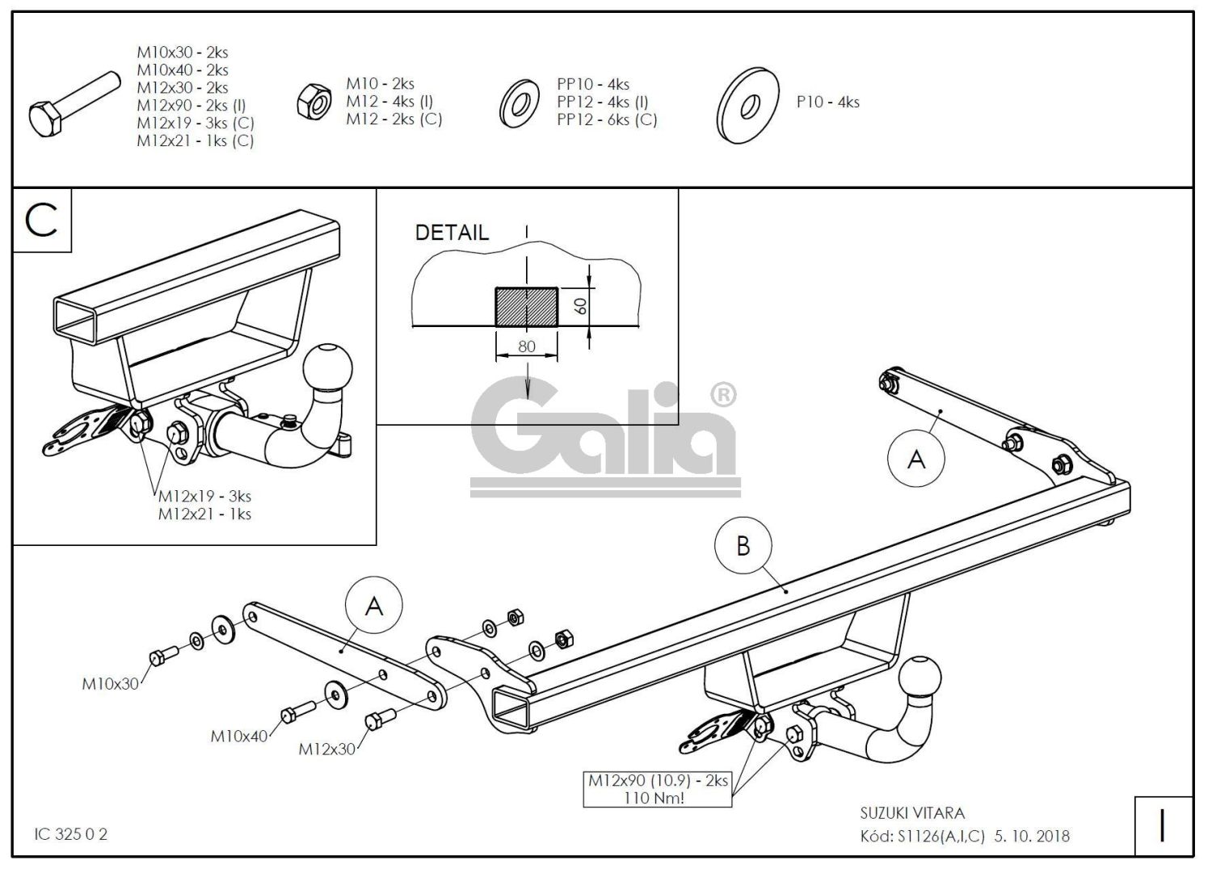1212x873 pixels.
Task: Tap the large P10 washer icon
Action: [x=747, y=104]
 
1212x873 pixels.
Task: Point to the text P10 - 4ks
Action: [x=827, y=103]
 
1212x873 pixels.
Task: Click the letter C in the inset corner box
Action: [x=42, y=219]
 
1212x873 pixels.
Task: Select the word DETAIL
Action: [x=452, y=233]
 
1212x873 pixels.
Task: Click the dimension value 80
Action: [x=526, y=346]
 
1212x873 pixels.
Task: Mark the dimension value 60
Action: [x=580, y=306]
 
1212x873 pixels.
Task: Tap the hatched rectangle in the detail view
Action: [x=526, y=307]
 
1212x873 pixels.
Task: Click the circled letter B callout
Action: [x=743, y=546]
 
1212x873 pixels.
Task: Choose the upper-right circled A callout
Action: [x=915, y=458]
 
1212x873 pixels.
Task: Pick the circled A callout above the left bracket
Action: [x=373, y=605]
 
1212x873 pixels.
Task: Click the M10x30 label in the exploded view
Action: [x=110, y=684]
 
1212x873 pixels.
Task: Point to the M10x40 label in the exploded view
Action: [x=239, y=736]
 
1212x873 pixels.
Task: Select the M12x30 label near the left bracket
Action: [x=327, y=749]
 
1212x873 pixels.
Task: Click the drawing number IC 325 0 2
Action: [x=71, y=834]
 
